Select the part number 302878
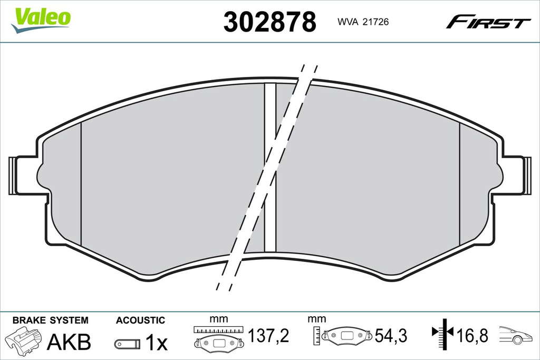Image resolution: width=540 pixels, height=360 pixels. click(x=269, y=22)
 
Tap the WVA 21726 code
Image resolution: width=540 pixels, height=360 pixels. click(x=363, y=22)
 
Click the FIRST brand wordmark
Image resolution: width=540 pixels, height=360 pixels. click(x=488, y=22)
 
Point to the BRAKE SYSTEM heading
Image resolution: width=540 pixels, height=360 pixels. click(x=50, y=320)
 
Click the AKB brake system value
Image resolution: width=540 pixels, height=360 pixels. click(x=69, y=342)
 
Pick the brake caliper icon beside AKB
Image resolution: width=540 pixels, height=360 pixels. click(x=23, y=340)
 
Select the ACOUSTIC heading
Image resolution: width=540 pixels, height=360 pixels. click(x=140, y=320)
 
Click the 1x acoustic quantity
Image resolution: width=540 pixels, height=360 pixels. click(x=156, y=342)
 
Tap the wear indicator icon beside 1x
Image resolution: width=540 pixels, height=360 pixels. click(x=128, y=343)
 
